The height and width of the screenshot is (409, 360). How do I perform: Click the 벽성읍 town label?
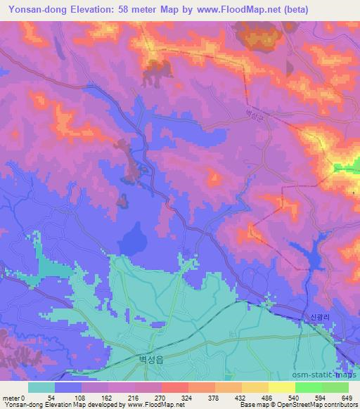[148, 358]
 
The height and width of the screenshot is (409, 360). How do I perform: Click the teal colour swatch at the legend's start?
[41, 387]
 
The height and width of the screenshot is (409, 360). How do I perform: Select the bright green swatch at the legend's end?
[335, 387]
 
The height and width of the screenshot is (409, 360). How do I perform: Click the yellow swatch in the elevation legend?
[282, 387]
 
